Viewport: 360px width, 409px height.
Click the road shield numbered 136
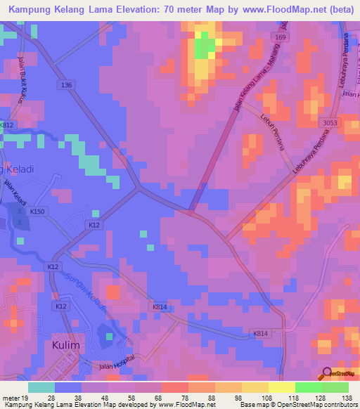click(67, 85)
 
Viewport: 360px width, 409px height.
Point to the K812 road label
click(6, 125)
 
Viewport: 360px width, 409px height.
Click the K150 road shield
click(37, 211)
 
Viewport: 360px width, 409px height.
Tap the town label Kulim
click(67, 346)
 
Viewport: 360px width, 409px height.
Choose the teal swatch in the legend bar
click(41, 387)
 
